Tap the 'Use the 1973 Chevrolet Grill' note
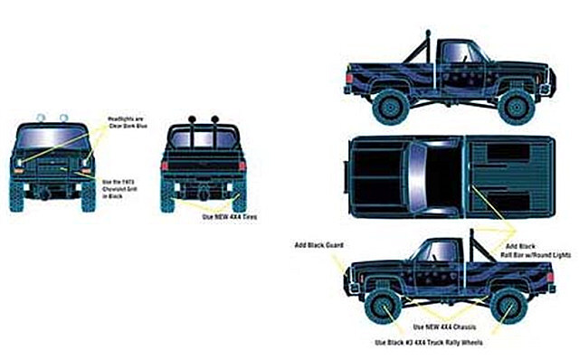pyautogui.click(x=119, y=186)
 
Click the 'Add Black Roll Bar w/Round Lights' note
pyautogui.click(x=530, y=251)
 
